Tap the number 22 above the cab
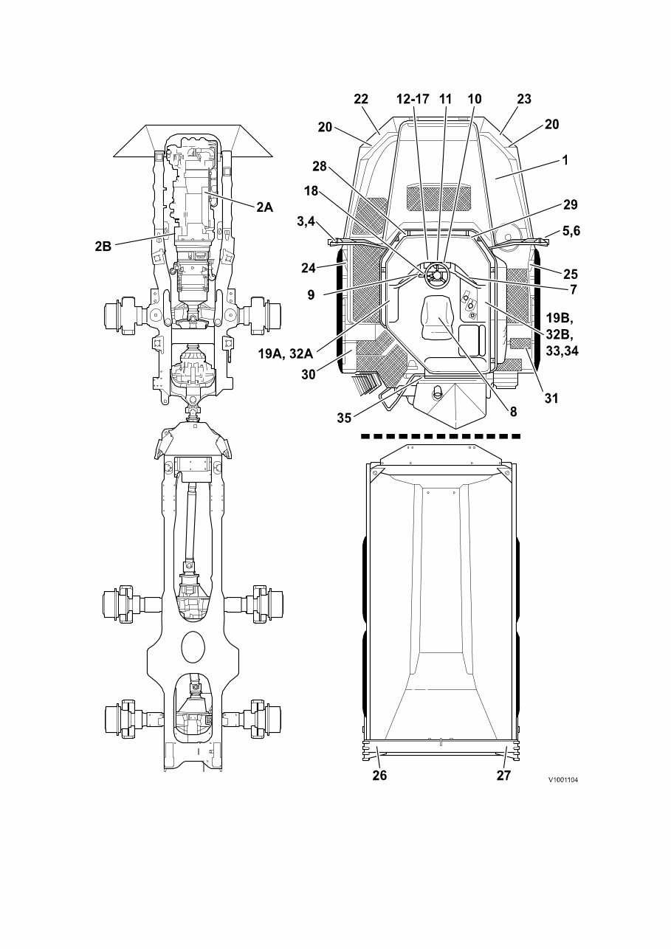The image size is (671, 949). (361, 99)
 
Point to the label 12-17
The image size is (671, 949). (412, 99)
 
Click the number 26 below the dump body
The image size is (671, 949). (380, 775)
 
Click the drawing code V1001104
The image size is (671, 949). (562, 779)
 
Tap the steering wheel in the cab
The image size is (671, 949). (436, 275)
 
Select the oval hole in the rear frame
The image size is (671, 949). (193, 645)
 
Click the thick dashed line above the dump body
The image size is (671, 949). (441, 436)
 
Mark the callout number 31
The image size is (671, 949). (551, 398)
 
